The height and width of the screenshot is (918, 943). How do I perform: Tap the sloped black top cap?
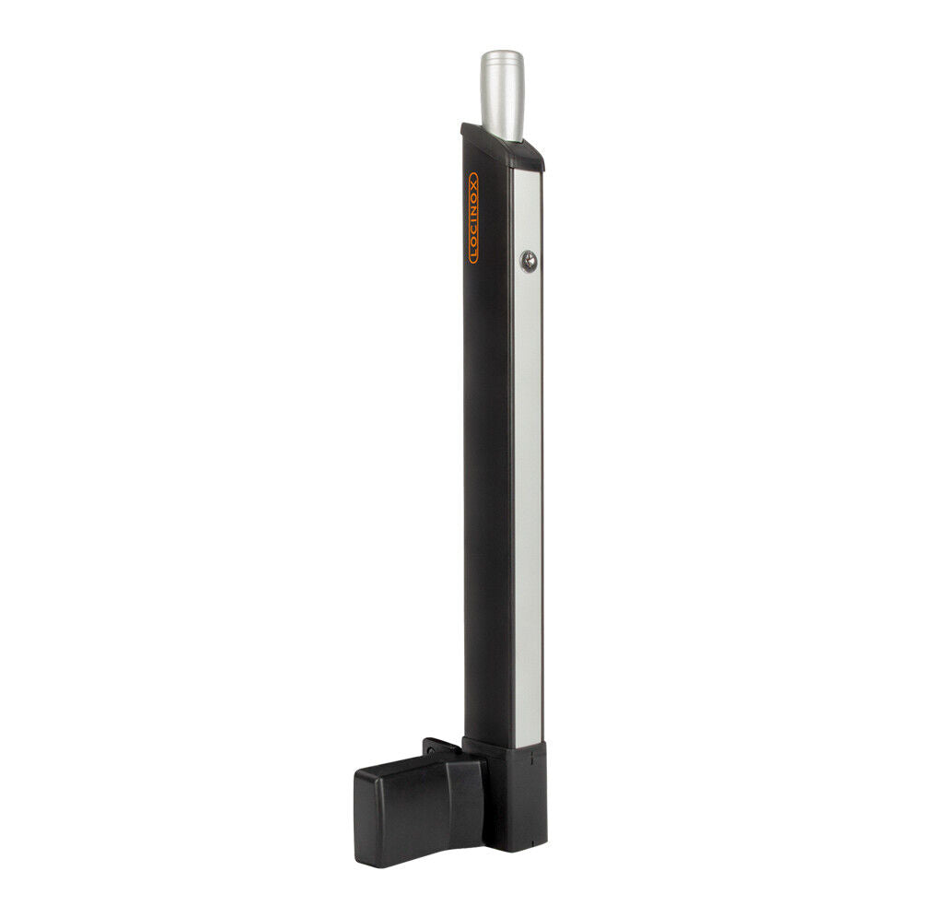(502, 147)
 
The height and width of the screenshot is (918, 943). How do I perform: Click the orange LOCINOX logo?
(473, 218)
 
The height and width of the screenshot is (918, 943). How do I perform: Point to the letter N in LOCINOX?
(473, 211)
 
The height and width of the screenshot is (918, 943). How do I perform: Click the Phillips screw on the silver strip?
(527, 263)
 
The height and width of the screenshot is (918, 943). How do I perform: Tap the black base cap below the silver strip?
(516, 793)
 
